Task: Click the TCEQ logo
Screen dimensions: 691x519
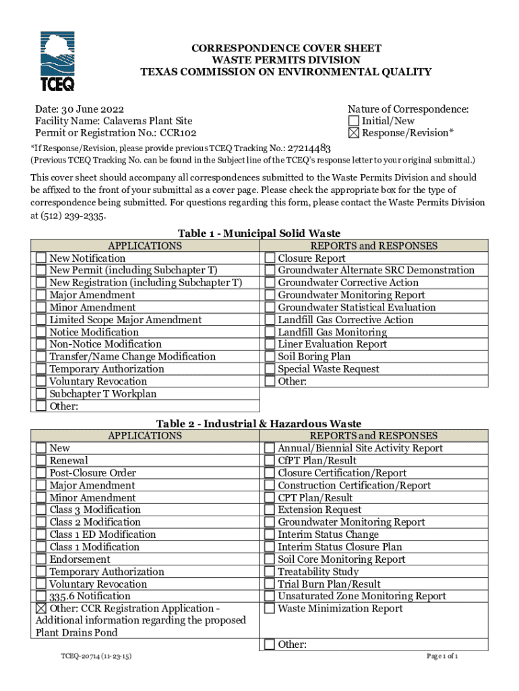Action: pos(57,61)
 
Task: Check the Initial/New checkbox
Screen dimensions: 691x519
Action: pos(354,121)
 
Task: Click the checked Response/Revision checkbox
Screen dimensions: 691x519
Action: pos(354,133)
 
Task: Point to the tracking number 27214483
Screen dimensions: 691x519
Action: pos(309,148)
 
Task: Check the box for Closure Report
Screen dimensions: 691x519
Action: pos(270,258)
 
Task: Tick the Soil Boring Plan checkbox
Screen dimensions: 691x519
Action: pos(270,357)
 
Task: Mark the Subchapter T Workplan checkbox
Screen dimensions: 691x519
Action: pos(42,394)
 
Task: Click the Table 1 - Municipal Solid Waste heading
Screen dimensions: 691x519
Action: pos(259,233)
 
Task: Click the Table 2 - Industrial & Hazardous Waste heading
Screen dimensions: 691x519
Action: pos(259,423)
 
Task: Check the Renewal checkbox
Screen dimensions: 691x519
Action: pos(42,461)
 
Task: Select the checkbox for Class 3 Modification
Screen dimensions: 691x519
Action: pos(42,510)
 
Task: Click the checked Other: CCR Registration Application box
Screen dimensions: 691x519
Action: pos(42,609)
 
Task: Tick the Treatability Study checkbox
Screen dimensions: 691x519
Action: pos(270,572)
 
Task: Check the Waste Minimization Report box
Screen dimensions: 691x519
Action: pos(270,609)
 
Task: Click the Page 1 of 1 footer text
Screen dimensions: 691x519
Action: pos(443,655)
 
